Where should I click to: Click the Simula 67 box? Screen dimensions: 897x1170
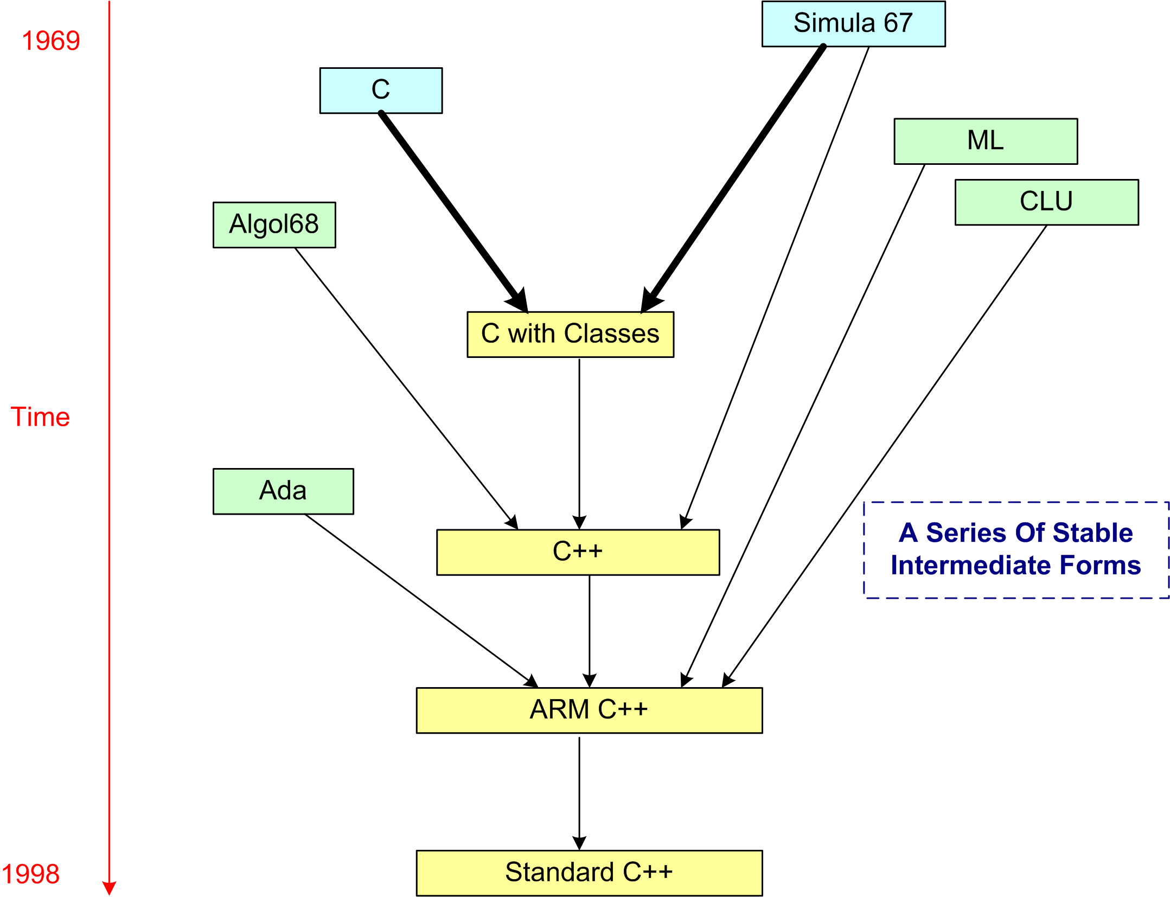click(x=853, y=24)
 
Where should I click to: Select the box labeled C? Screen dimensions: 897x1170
click(x=381, y=90)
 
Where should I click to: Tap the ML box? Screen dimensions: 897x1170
click(x=985, y=141)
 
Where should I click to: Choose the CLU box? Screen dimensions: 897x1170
click(x=1046, y=202)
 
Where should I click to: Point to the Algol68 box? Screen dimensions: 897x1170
click(x=274, y=225)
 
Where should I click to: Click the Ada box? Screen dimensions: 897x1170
click(x=283, y=491)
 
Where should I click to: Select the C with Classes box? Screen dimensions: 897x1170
click(x=570, y=334)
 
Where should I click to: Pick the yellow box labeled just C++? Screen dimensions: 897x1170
click(x=578, y=552)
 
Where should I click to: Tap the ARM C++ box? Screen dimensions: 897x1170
click(x=589, y=710)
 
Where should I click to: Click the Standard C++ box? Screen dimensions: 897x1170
click(x=589, y=873)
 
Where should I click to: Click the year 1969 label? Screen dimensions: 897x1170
click(x=51, y=41)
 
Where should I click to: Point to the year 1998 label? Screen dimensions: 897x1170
click(x=30, y=874)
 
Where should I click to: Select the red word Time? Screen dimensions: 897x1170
click(x=40, y=417)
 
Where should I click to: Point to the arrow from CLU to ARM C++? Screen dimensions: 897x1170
click(x=890, y=450)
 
